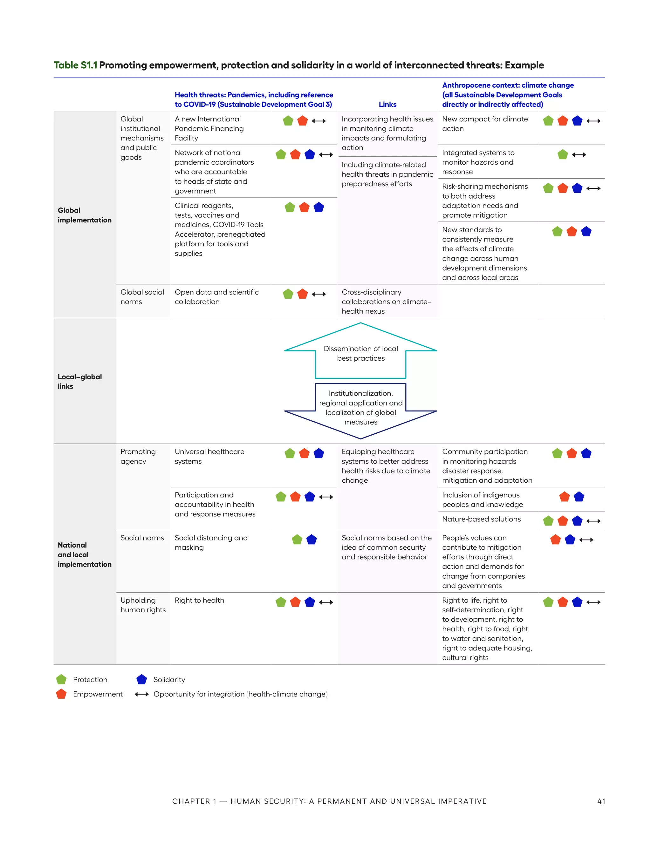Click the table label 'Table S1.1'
click(x=75, y=65)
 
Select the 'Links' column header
click(x=387, y=105)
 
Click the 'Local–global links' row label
click(x=79, y=381)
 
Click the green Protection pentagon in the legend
click(x=61, y=679)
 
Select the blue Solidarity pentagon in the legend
click(x=141, y=679)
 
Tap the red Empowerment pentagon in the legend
click(x=61, y=694)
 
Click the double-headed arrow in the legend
click(x=141, y=694)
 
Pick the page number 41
click(x=601, y=801)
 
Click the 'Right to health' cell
click(x=199, y=600)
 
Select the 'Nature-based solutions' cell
click(x=481, y=519)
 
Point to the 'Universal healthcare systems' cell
click(x=209, y=457)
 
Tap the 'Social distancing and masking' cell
click(x=211, y=542)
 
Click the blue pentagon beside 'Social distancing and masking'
click(x=311, y=540)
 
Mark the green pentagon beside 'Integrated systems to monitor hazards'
click(x=563, y=155)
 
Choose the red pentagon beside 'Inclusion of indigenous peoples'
click(x=564, y=497)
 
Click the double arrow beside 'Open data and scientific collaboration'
click(x=319, y=294)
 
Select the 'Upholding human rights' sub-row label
click(x=143, y=605)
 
